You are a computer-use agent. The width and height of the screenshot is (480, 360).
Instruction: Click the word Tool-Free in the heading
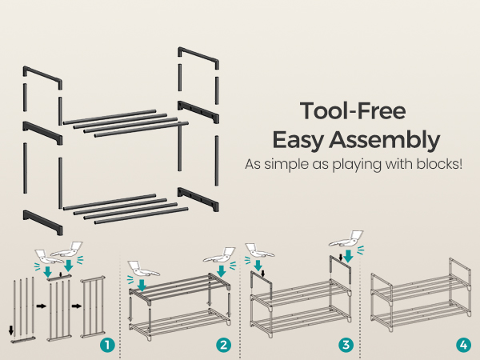click(x=353, y=111)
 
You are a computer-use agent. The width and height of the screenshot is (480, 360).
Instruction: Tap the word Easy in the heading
click(x=298, y=140)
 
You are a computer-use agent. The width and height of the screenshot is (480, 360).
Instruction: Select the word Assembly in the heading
click(x=385, y=140)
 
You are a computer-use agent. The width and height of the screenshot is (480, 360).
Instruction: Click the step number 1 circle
click(x=107, y=346)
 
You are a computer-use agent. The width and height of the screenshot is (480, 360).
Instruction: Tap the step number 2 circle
click(x=223, y=346)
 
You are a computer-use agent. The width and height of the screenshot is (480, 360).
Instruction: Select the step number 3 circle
click(x=346, y=346)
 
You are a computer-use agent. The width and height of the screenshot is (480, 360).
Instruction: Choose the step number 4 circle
click(x=463, y=346)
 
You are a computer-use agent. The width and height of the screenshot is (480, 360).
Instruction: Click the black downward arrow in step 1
click(x=11, y=330)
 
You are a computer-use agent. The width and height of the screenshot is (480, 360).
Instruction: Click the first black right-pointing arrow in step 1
click(x=41, y=306)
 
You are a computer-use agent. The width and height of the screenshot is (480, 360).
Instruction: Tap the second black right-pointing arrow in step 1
click(x=77, y=306)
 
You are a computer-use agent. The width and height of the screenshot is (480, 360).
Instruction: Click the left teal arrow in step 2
click(x=142, y=285)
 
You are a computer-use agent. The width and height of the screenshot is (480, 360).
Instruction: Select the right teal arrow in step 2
click(x=221, y=271)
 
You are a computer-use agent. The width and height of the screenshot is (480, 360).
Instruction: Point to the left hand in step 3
click(x=259, y=250)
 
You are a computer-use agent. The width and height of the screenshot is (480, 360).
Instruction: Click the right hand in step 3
click(x=346, y=238)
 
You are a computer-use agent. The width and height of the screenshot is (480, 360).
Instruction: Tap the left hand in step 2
click(x=142, y=269)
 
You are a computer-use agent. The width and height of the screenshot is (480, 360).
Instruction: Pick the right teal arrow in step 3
click(x=348, y=256)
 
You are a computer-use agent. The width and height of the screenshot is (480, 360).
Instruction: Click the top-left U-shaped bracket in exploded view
click(x=42, y=77)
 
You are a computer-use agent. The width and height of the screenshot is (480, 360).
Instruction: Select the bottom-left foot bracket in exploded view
click(x=42, y=222)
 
